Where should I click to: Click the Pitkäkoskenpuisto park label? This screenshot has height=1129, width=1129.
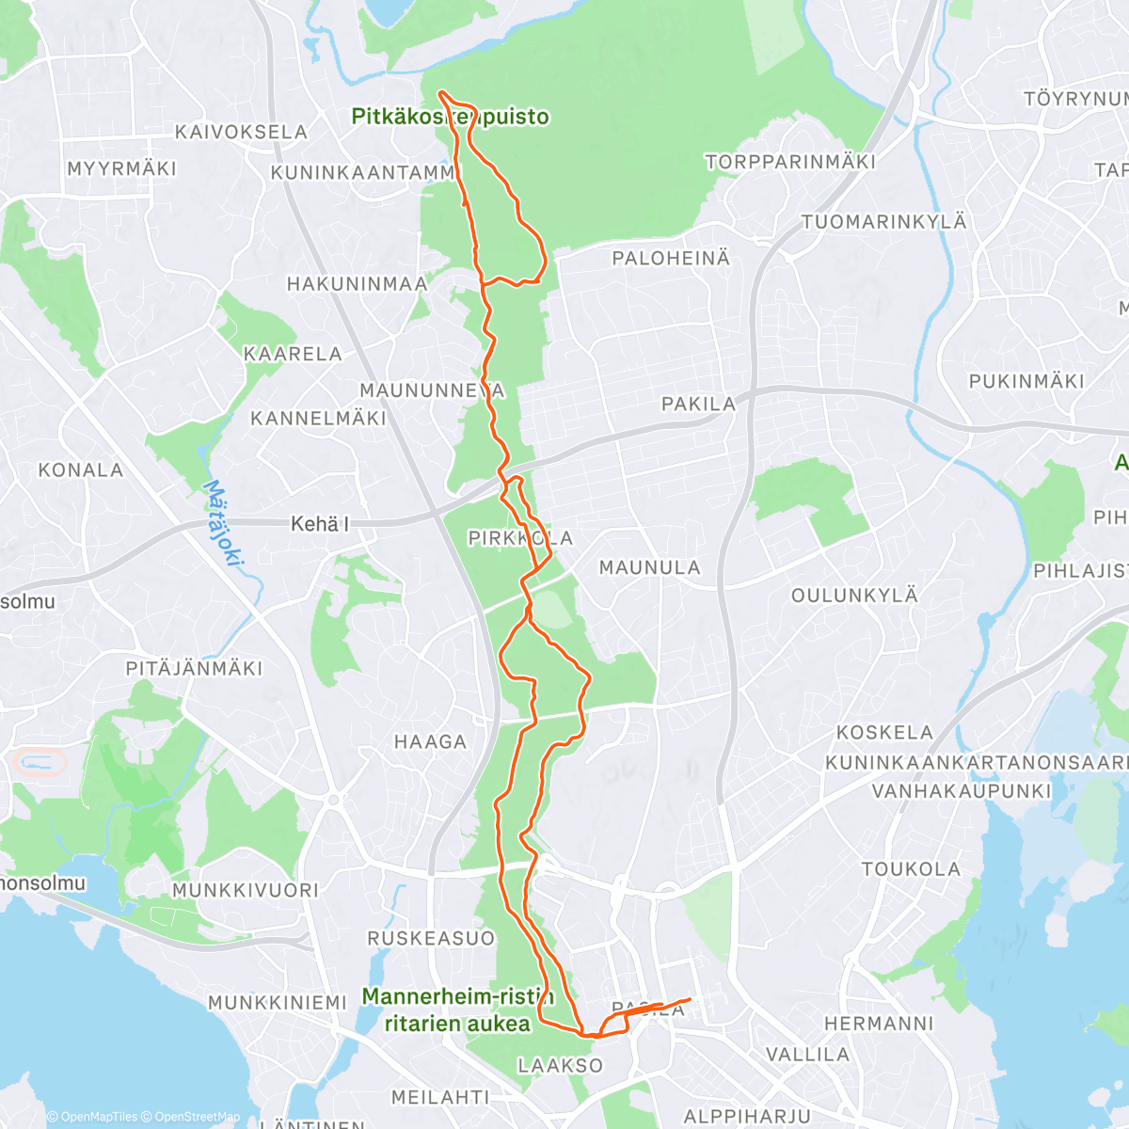tap(450, 117)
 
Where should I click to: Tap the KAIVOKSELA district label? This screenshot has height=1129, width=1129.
tap(242, 133)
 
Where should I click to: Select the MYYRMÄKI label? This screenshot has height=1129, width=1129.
tap(121, 168)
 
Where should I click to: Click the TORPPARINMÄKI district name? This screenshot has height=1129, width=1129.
tap(790, 162)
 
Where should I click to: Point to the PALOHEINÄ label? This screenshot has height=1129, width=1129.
tap(671, 258)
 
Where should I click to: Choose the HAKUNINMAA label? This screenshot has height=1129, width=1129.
tap(357, 283)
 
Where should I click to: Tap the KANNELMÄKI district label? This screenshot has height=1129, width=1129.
tap(318, 418)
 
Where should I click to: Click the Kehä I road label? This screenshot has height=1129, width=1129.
tap(320, 524)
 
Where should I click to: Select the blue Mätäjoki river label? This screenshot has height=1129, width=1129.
tap(224, 523)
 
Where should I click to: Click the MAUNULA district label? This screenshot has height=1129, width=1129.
tap(650, 567)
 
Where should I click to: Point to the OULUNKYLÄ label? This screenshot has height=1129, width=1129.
tap(854, 595)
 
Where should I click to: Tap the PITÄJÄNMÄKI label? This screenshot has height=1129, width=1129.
tap(195, 668)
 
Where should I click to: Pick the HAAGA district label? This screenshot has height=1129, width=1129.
tap(430, 741)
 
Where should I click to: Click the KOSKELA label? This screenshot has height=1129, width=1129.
tap(884, 732)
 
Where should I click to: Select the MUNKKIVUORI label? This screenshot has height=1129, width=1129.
tap(245, 890)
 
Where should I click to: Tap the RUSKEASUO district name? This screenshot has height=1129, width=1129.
tap(430, 938)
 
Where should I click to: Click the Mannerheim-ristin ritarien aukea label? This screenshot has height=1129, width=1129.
tap(457, 1010)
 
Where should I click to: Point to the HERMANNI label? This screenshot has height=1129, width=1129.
tap(879, 1023)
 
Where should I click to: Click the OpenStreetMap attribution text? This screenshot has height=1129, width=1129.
tap(197, 1117)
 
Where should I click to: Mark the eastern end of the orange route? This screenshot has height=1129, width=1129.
tap(691, 999)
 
